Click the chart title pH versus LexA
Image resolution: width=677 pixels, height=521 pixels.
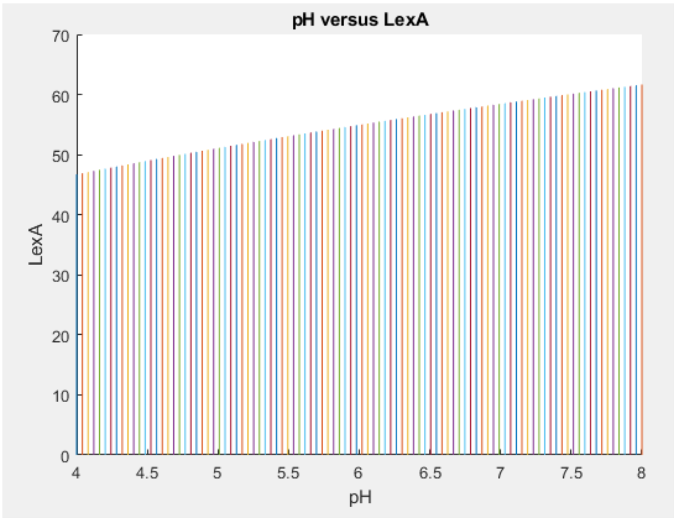click(360, 20)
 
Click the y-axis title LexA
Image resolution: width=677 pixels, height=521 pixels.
click(36, 245)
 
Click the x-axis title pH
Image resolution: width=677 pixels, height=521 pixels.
click(360, 498)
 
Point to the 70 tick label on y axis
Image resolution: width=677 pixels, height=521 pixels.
click(61, 36)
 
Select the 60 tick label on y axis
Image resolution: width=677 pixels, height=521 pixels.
click(61, 96)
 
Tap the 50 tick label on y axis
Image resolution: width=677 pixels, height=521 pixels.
click(61, 156)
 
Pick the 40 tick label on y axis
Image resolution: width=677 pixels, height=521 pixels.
click(61, 216)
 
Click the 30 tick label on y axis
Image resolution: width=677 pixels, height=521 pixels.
click(61, 276)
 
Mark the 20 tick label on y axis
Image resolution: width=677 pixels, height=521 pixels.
click(61, 336)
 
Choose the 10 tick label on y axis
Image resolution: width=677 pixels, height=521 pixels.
click(61, 396)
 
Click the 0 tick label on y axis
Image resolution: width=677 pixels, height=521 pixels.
click(65, 456)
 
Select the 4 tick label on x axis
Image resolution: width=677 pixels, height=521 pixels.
click(76, 473)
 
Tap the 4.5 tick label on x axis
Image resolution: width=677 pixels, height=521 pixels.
click(147, 473)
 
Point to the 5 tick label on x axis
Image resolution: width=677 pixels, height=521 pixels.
click(218, 473)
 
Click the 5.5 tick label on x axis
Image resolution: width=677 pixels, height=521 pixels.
click(288, 473)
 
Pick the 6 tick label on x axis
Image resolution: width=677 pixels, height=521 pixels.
click(359, 473)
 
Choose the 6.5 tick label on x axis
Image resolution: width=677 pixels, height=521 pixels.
click(430, 473)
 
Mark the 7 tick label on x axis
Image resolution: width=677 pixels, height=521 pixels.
click(500, 473)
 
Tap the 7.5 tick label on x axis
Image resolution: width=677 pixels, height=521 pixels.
click(571, 473)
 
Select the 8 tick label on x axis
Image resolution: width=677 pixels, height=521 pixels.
click(641, 473)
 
